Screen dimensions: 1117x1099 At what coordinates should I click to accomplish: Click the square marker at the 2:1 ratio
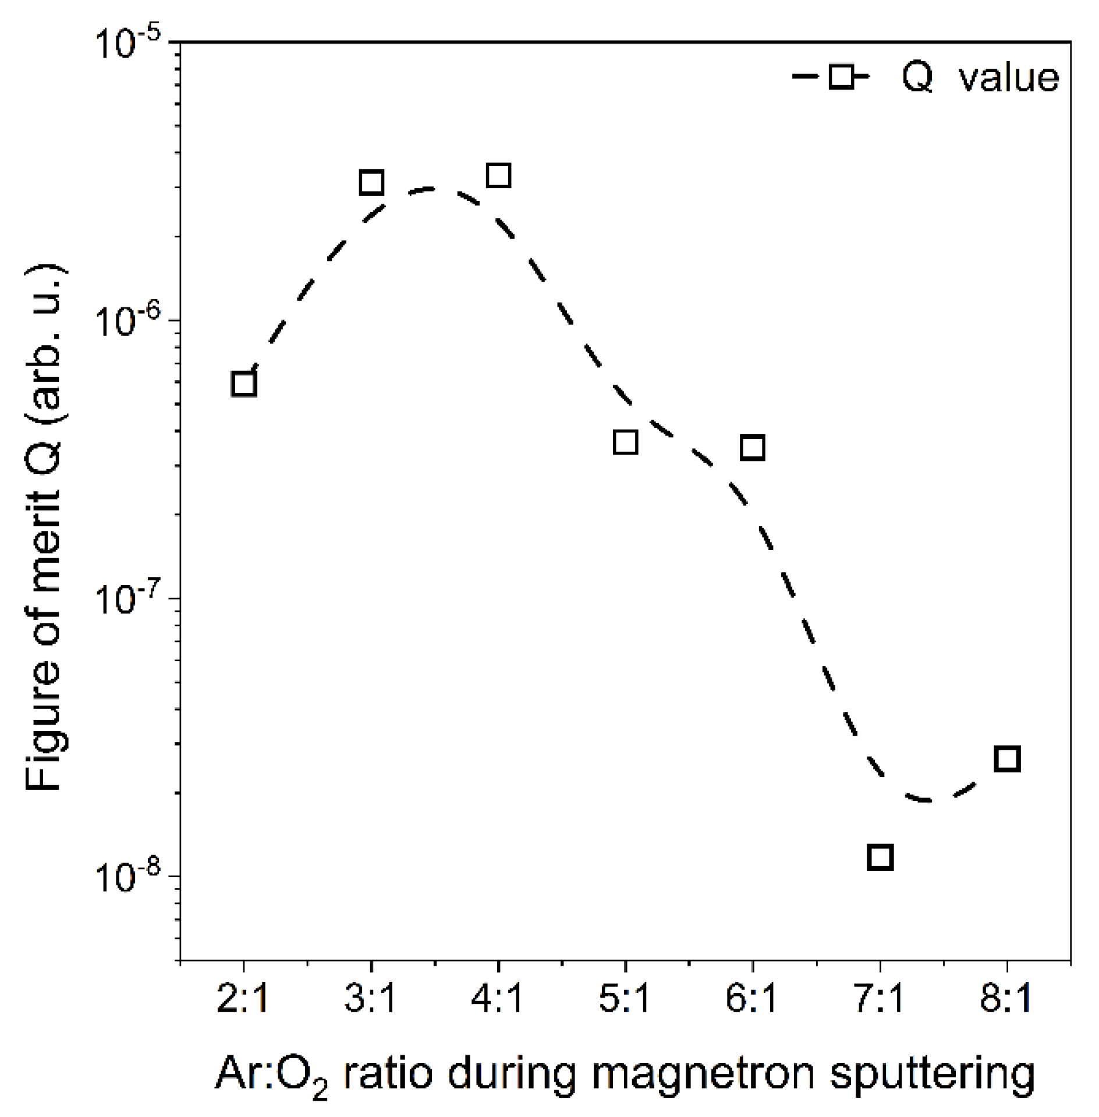[x=244, y=384]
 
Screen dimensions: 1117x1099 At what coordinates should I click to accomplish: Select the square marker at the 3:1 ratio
[x=371, y=183]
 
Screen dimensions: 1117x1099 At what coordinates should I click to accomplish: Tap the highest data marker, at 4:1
[x=499, y=175]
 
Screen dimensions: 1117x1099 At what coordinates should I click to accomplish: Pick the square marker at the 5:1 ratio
[x=626, y=442]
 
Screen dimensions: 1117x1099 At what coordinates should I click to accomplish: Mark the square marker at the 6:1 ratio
[x=753, y=448]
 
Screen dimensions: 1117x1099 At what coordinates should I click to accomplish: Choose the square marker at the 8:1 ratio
[x=1008, y=759]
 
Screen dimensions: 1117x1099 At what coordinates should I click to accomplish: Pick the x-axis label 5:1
[x=625, y=999]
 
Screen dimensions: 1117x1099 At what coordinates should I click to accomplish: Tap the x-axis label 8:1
[x=1006, y=999]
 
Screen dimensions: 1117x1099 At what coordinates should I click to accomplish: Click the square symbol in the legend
[x=842, y=76]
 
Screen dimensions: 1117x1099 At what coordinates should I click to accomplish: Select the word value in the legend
[x=1009, y=77]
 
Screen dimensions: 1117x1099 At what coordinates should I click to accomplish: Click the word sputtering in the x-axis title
[x=932, y=1074]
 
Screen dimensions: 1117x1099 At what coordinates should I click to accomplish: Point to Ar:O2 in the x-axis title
[x=271, y=1074]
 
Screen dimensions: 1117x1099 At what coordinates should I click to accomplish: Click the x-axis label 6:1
[x=752, y=999]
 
